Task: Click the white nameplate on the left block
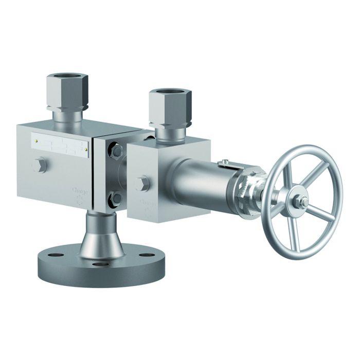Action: coord(59,145)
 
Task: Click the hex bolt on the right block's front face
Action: coord(142,184)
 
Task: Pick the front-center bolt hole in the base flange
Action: coord(101,264)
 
